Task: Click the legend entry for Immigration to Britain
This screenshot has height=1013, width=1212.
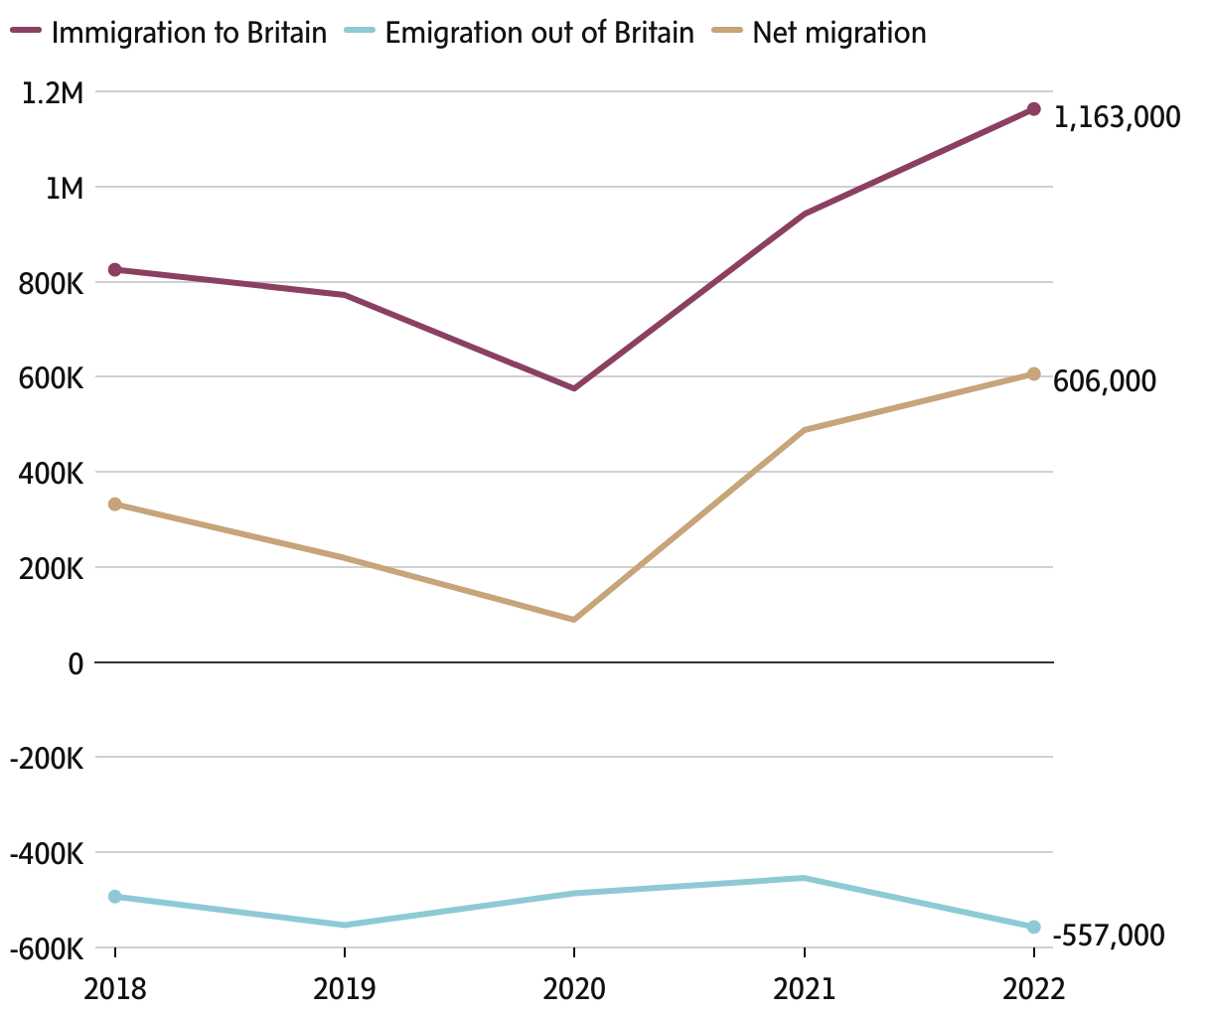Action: coord(169,33)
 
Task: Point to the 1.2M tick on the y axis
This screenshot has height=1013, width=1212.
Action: coord(52,93)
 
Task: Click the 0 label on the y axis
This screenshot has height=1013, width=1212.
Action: coord(74,663)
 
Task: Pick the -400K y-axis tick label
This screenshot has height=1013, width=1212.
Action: coord(46,854)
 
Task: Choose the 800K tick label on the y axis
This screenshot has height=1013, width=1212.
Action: coord(50,284)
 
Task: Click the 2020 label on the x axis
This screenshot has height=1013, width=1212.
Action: coord(573,989)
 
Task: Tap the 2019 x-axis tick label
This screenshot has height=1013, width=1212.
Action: coord(344,989)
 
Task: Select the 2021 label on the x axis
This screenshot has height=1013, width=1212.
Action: coord(804,989)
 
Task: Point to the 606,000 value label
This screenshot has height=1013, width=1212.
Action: coord(1105,381)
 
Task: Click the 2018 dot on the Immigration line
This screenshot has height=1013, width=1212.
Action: coord(115,270)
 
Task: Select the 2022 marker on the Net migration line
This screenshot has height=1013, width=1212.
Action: coord(1033,374)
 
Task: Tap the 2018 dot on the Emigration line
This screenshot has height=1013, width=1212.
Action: coord(115,897)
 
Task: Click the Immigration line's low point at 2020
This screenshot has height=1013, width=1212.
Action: coord(574,388)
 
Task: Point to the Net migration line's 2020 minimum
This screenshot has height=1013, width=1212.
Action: coord(574,620)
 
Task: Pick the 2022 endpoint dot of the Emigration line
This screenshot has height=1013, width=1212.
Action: coord(1033,927)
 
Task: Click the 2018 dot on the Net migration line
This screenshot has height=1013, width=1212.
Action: coord(115,505)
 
